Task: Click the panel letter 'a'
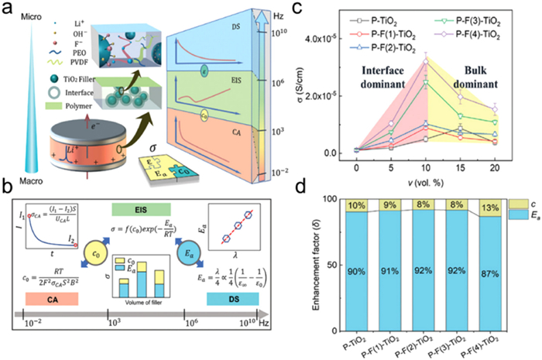click(7, 9)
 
